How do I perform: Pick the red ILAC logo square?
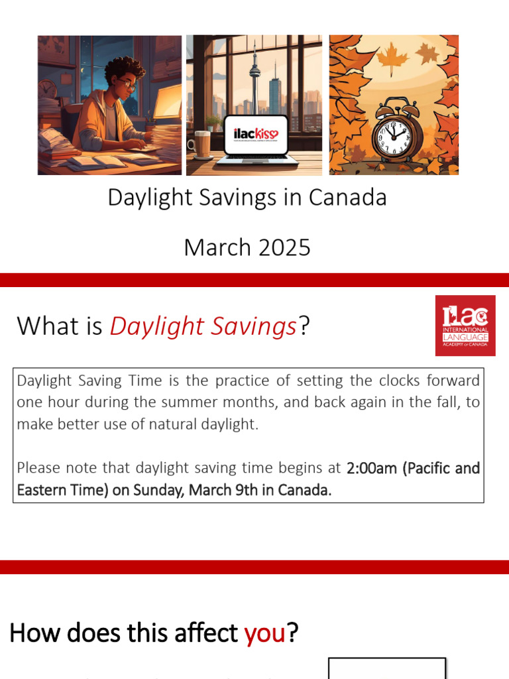[465, 326]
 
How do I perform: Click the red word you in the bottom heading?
[264, 633]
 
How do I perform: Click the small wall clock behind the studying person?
[48, 88]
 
